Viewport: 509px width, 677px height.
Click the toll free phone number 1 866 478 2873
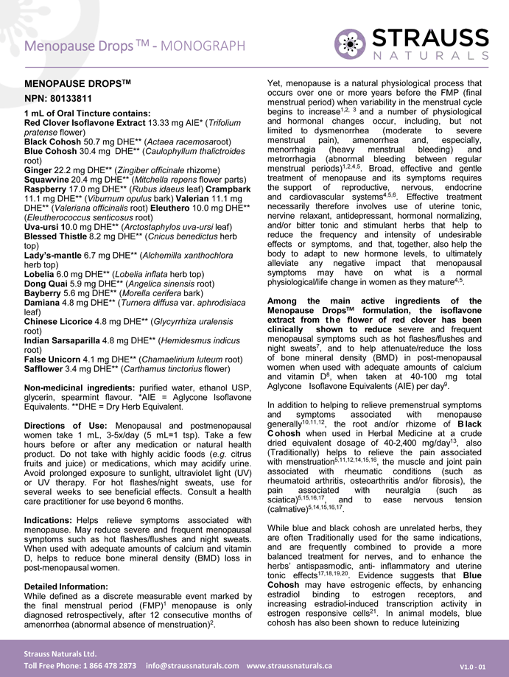(102, 665)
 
